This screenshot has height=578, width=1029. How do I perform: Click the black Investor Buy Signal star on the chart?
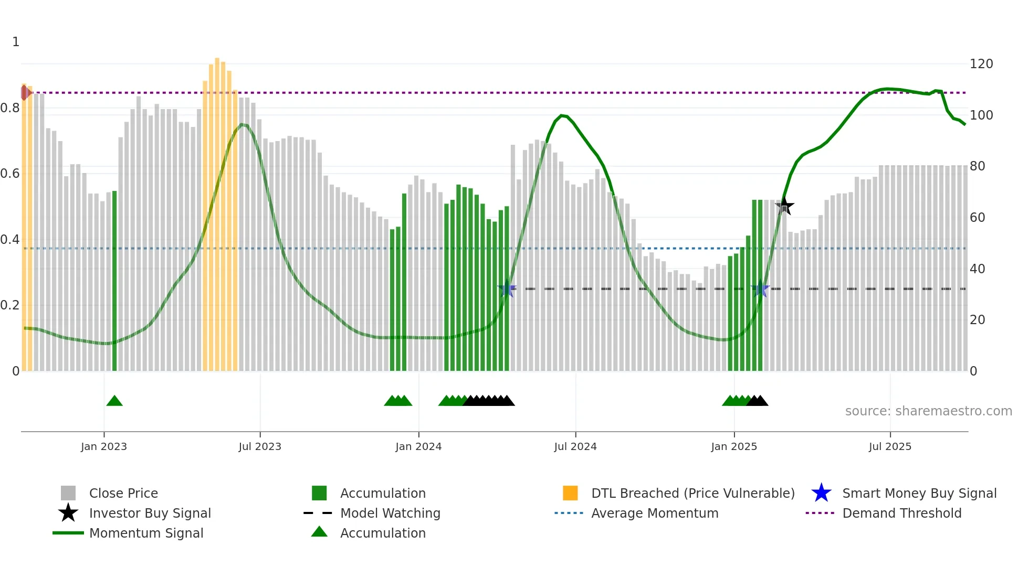(784, 206)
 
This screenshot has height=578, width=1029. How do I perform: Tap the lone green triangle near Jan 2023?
(114, 401)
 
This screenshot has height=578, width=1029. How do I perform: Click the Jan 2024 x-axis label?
(418, 446)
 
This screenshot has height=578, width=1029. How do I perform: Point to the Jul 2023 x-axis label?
(260, 446)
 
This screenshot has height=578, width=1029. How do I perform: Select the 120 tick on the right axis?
(981, 64)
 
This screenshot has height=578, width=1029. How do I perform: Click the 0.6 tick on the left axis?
(10, 174)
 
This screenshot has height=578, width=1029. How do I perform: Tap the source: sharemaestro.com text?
(928, 411)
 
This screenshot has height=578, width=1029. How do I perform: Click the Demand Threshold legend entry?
(901, 513)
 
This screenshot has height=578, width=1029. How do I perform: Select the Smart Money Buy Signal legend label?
(919, 493)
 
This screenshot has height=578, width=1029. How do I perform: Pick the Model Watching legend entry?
(390, 513)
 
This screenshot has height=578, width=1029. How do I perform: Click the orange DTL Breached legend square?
(570, 493)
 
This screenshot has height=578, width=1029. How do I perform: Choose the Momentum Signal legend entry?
(146, 533)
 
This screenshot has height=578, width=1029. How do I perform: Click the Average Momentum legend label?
(654, 513)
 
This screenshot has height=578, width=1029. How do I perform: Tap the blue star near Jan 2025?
(760, 288)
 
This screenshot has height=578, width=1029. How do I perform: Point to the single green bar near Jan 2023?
(114, 281)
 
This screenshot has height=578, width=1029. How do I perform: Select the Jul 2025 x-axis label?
(890, 446)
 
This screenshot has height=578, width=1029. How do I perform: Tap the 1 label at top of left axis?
(16, 42)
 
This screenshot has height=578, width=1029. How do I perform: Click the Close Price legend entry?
(123, 493)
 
